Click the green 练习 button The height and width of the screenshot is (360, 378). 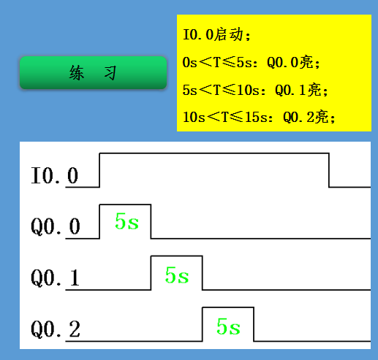coord(93,72)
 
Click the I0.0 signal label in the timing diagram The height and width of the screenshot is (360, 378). coord(54,175)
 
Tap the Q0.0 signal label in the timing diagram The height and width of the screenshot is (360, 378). coord(56,226)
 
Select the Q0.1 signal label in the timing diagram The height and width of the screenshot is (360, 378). coord(55,277)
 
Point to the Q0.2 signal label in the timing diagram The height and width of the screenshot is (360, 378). coord(56,329)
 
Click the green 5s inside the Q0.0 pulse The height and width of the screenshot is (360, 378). coord(126,221)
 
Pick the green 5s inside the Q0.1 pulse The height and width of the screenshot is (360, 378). coord(177,275)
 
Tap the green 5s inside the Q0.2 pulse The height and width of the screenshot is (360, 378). coord(228,326)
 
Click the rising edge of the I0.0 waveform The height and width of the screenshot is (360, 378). coord(99,170)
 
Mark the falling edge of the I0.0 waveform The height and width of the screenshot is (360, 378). coord(329,170)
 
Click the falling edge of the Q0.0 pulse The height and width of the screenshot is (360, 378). coord(151,221)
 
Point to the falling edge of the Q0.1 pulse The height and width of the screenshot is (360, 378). coord(203,273)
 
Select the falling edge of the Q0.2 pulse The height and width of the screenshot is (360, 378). coord(254,324)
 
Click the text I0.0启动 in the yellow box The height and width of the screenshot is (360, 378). coord(213,34)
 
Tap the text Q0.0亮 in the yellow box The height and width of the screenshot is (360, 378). coord(290,63)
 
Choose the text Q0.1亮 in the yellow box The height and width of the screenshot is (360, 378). coord(298,90)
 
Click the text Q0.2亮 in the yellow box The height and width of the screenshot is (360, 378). coord(306,118)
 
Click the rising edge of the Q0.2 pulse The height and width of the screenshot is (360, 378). coord(203,324)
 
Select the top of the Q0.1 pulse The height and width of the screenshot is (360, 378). coord(177,256)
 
